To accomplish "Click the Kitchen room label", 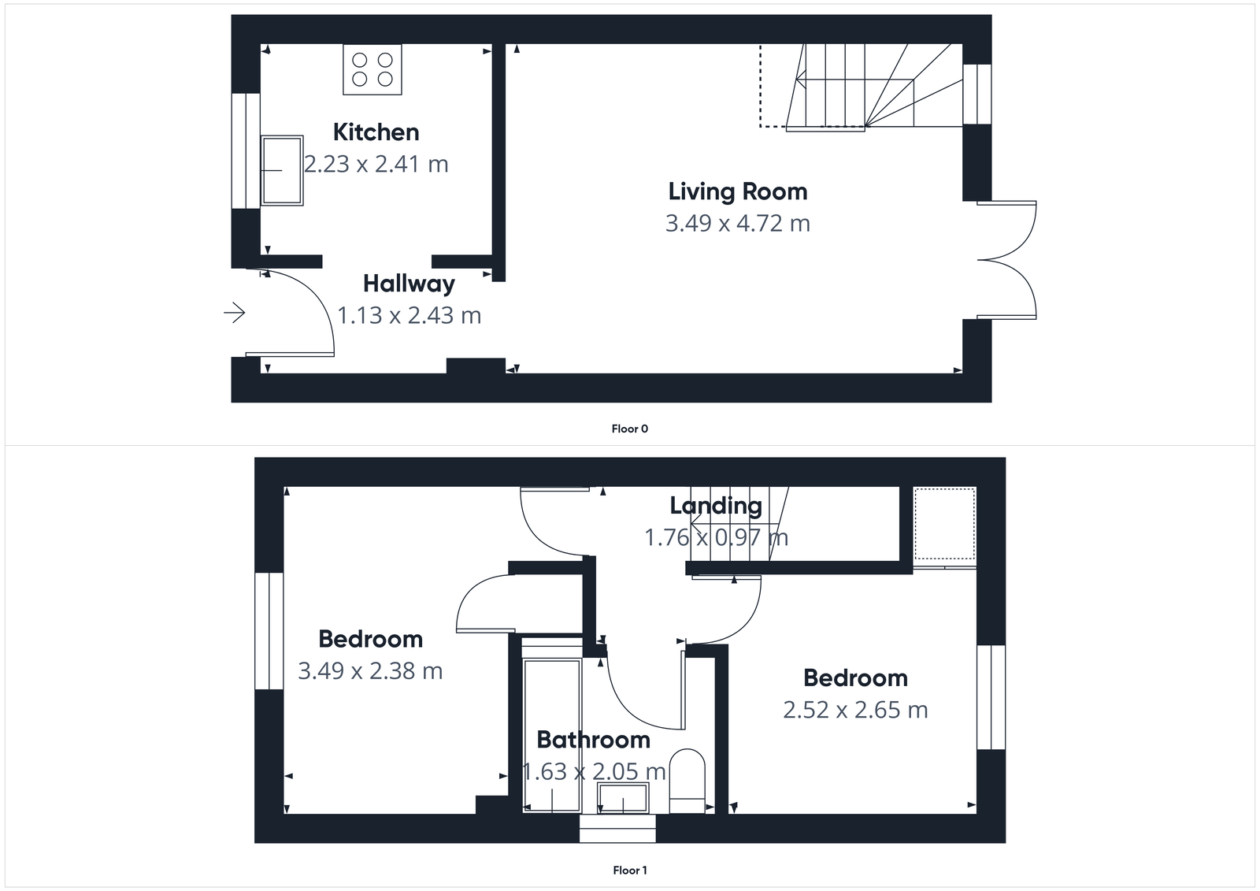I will [x=376, y=132].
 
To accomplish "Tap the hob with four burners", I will [x=372, y=69].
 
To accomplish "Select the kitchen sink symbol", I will [x=282, y=170].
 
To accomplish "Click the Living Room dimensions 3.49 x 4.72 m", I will [x=737, y=224].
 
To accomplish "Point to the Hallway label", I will [x=409, y=284].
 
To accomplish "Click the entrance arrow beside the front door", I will [x=235, y=314].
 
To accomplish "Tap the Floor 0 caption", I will [x=629, y=429].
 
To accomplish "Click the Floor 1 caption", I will [x=629, y=871].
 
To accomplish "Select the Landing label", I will [x=715, y=506].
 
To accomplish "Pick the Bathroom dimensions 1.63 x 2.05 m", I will [x=595, y=771].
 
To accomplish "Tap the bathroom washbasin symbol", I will [x=622, y=799].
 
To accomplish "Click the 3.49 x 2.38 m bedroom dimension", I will [x=370, y=671].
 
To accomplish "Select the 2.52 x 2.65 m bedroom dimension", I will [x=855, y=711].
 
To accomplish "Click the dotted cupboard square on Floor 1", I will [x=944, y=523].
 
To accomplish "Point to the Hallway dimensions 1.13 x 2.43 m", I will [x=409, y=316].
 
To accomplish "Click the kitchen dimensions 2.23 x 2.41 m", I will [x=376, y=165].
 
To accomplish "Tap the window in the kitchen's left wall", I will [x=245, y=150].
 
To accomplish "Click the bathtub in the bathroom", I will [x=552, y=725].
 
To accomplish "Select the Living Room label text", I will [x=737, y=191].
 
